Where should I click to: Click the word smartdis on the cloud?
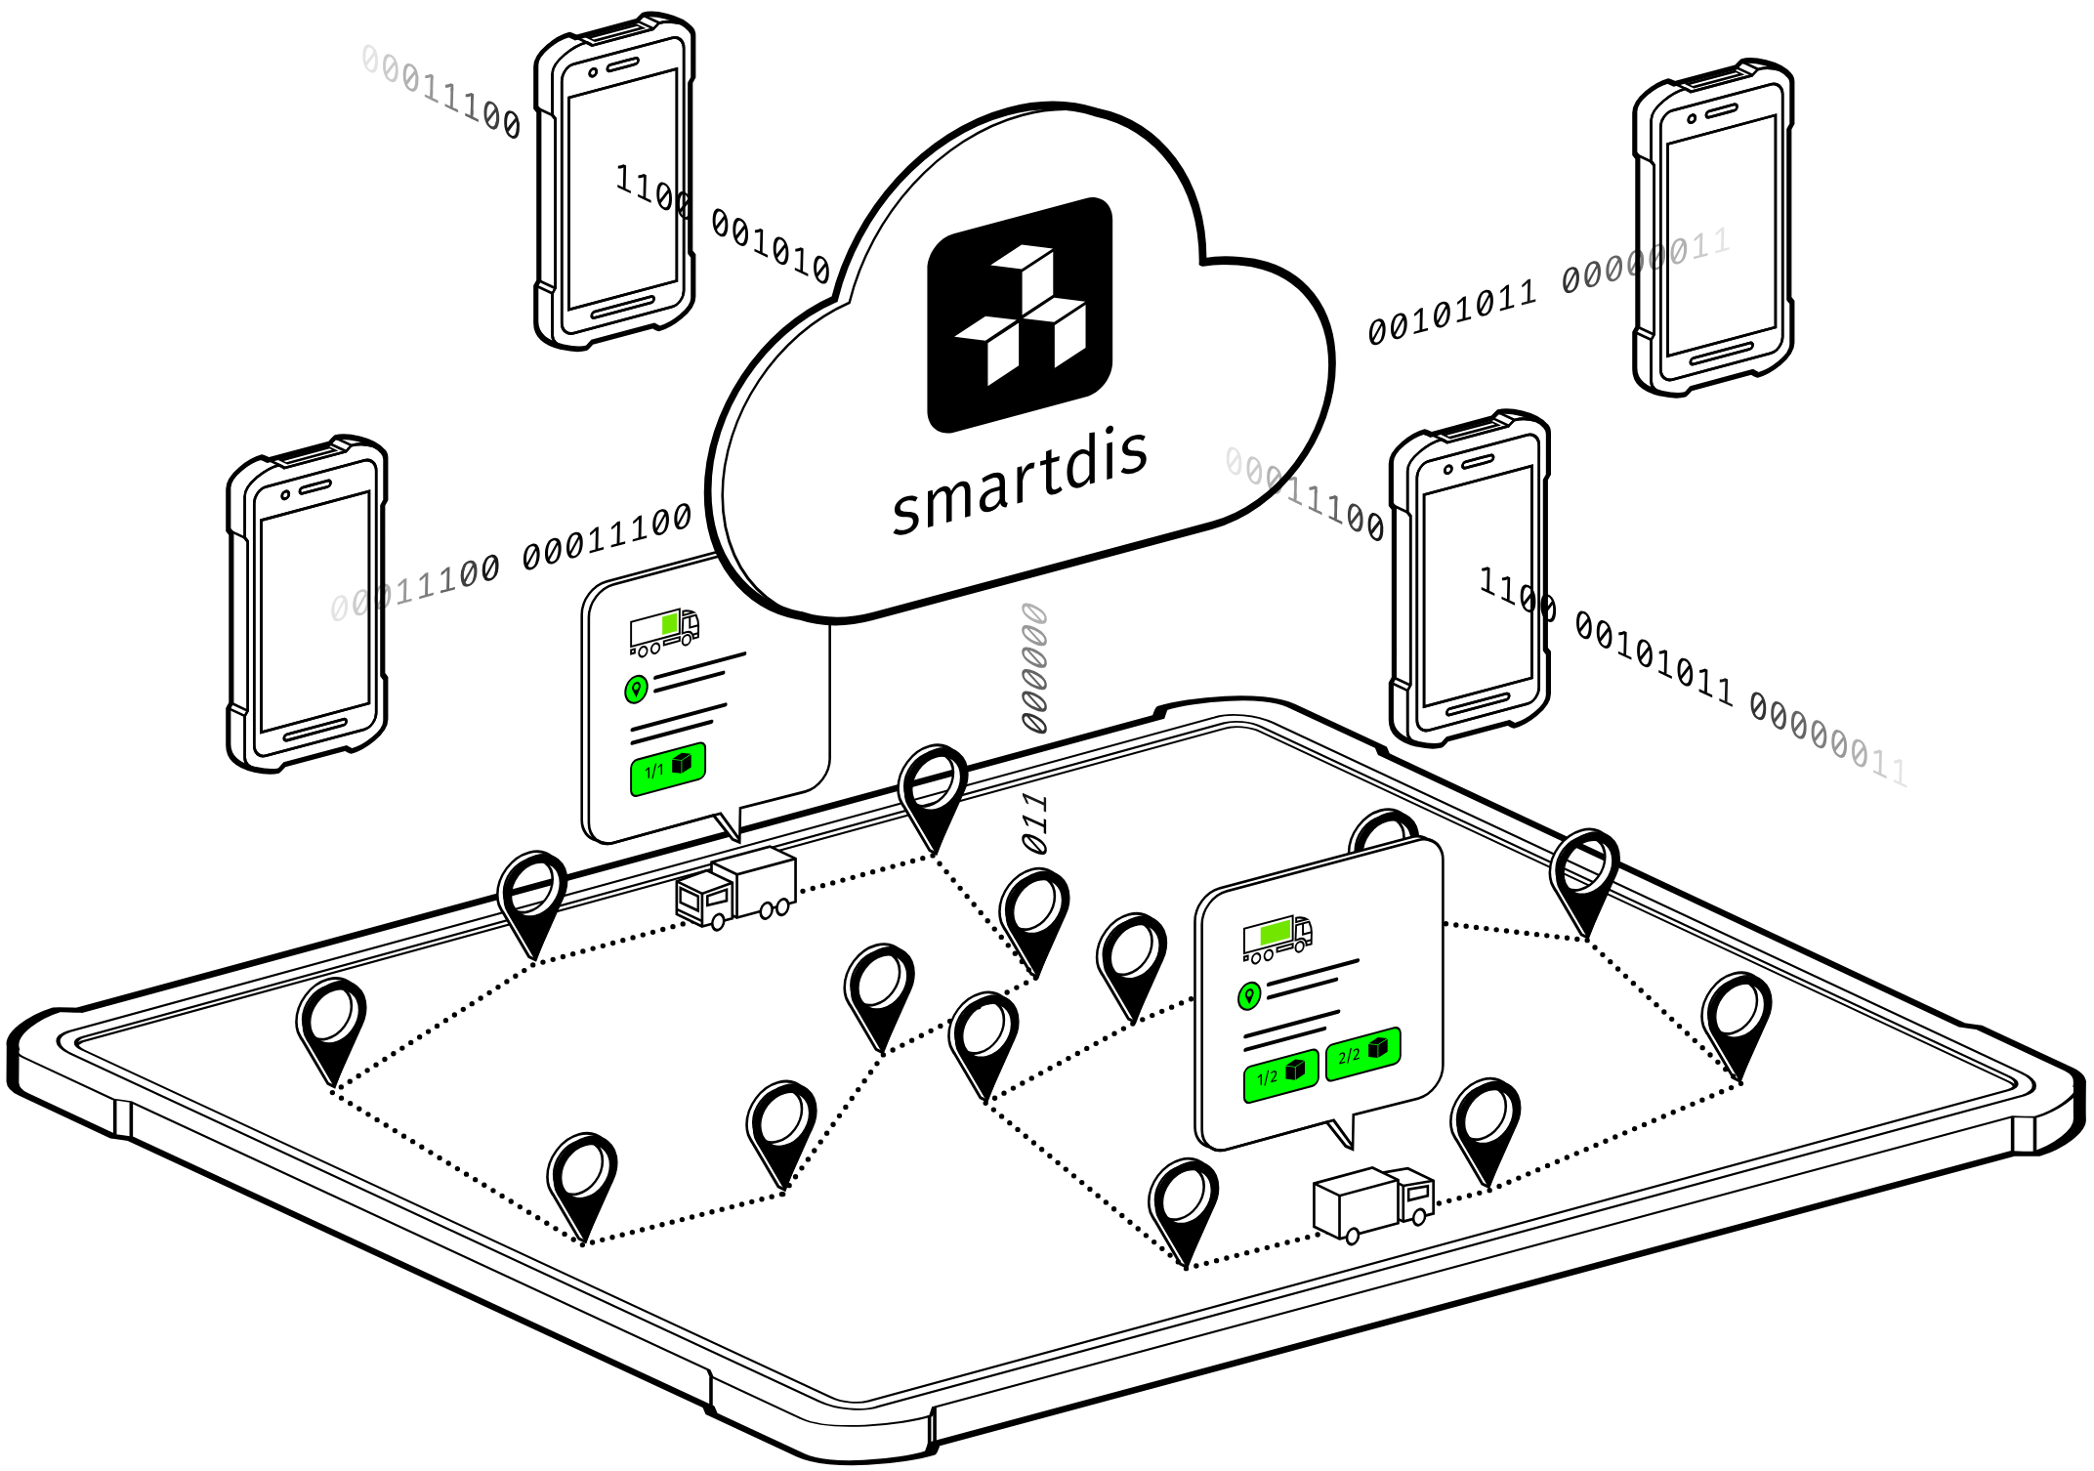pyautogui.click(x=1020, y=483)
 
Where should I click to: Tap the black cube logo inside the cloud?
pyautogui.click(x=1020, y=315)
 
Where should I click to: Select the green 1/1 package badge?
pyautogui.click(x=668, y=769)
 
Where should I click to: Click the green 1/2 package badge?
pyautogui.click(x=1280, y=1075)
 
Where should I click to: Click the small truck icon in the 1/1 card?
pyautogui.click(x=664, y=632)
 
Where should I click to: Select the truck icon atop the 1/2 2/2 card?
pyautogui.click(x=1277, y=937)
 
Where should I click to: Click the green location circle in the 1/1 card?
pyautogui.click(x=636, y=690)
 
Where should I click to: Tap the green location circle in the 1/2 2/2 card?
pyautogui.click(x=1248, y=996)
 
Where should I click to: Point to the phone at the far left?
pyautogui.click(x=308, y=604)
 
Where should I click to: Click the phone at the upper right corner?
pyautogui.click(x=1714, y=228)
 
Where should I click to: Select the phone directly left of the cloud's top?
pyautogui.click(x=615, y=182)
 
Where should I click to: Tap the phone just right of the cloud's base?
pyautogui.click(x=1470, y=578)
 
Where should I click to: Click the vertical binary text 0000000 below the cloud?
pyautogui.click(x=1034, y=668)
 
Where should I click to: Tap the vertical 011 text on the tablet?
pyautogui.click(x=1034, y=823)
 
